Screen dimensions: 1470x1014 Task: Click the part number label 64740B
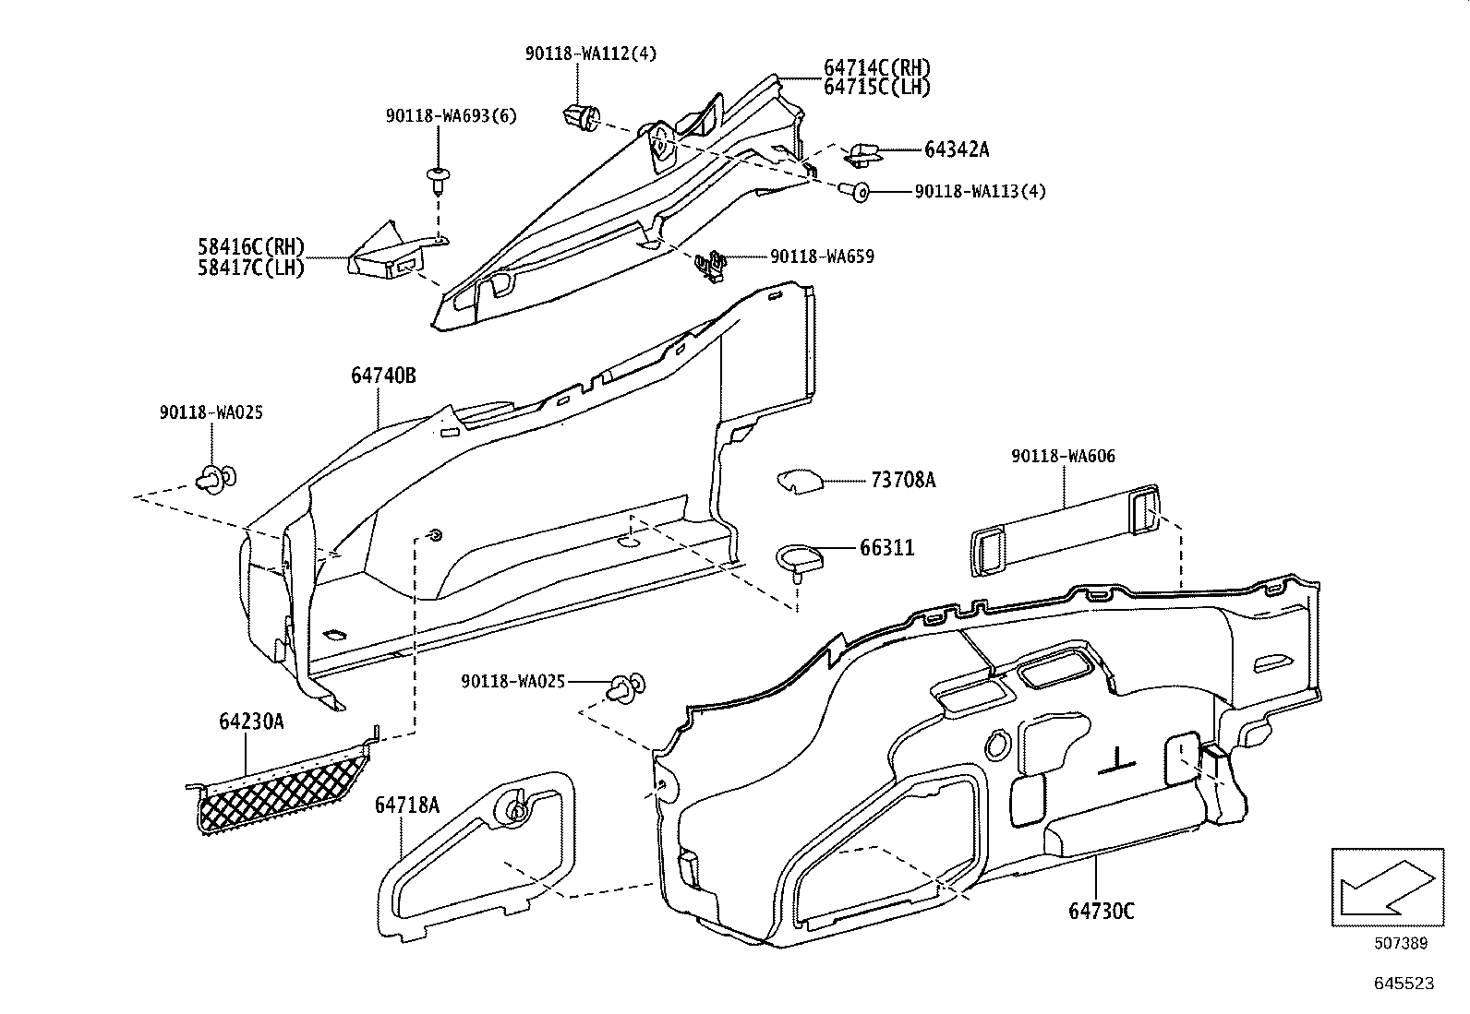(383, 376)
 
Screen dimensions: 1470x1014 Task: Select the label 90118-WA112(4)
(591, 54)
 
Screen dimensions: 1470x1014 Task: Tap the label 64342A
(957, 149)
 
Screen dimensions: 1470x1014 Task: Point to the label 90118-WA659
(822, 256)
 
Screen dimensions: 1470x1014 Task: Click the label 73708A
(903, 480)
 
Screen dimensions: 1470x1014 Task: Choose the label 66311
(886, 548)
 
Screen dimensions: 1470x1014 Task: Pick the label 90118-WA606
(1063, 456)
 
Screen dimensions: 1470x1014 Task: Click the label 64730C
(1102, 911)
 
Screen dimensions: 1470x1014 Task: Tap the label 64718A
(407, 805)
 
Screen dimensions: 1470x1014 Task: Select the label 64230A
(251, 722)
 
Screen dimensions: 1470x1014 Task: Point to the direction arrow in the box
(1387, 887)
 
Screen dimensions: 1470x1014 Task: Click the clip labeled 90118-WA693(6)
(438, 180)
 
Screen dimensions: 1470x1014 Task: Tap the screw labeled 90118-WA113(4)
(855, 191)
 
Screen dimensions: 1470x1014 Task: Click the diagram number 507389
(1401, 943)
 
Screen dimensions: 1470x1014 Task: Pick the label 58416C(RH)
(251, 246)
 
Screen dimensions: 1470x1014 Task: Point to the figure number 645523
(1404, 984)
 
